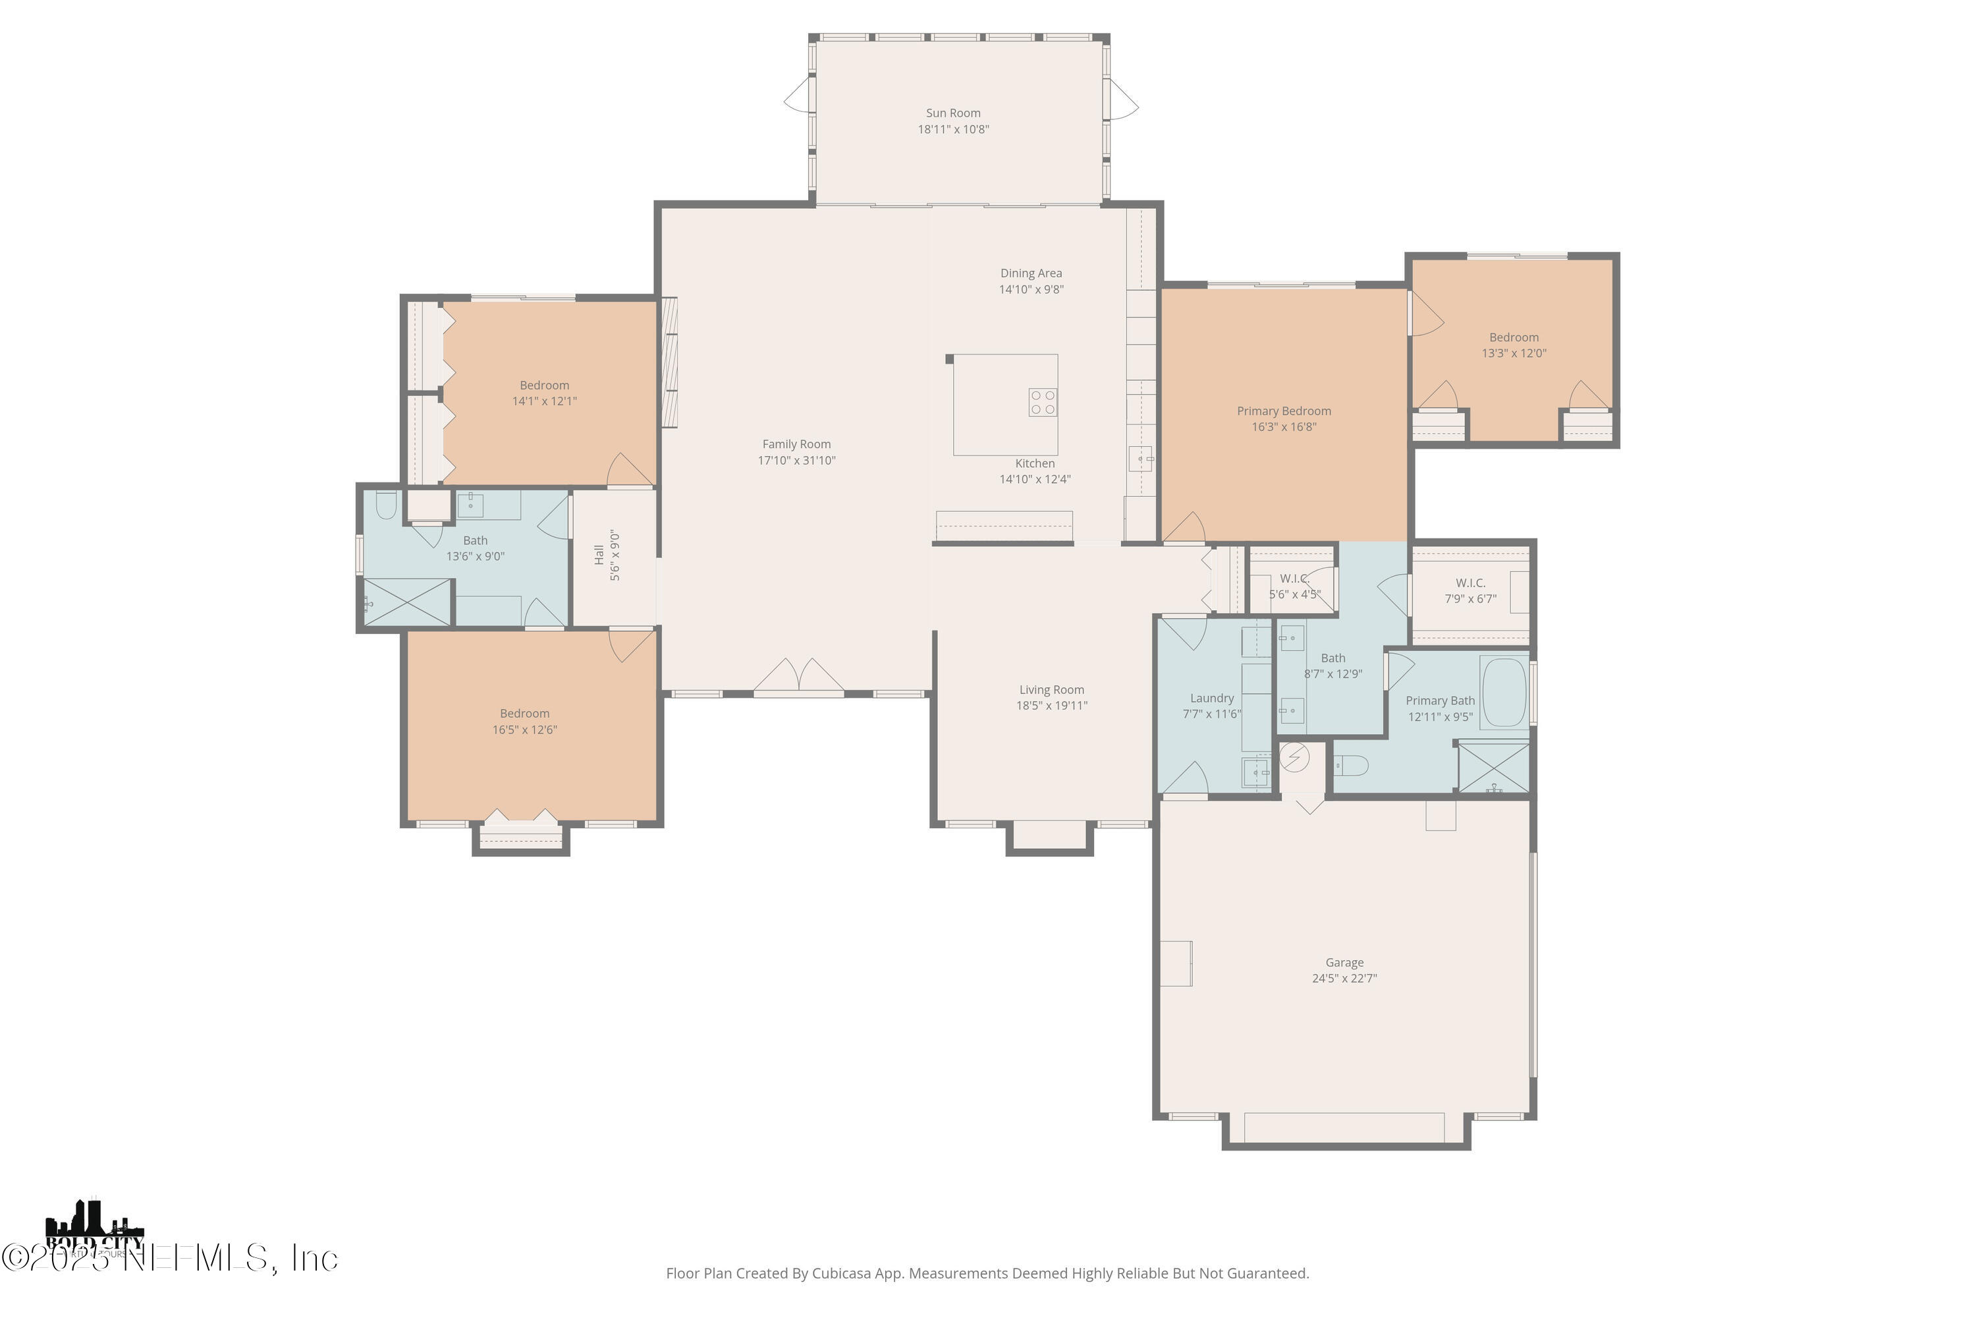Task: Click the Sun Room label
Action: coord(952,113)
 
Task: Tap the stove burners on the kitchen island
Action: coord(1043,402)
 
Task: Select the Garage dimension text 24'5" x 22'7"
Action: coord(1344,979)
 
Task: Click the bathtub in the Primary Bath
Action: coord(1504,693)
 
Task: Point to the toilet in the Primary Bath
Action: coord(1351,766)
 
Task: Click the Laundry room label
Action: coord(1211,699)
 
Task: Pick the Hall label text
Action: coord(599,554)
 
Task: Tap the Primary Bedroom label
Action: coord(1284,411)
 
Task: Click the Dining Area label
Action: coord(1031,273)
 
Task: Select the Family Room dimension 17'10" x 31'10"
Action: coord(796,461)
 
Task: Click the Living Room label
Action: coord(1052,690)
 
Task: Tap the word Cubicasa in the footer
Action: coord(845,1273)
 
